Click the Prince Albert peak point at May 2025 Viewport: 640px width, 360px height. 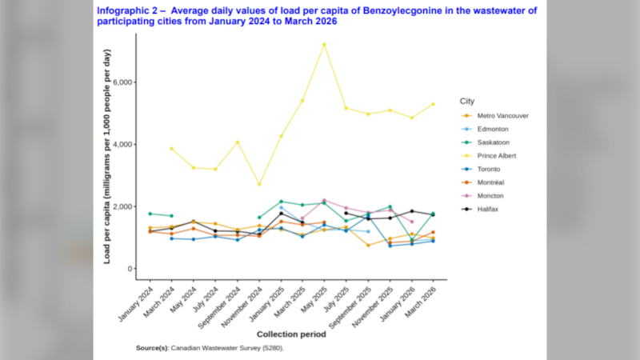coord(325,45)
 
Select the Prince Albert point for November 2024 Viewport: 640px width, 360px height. coord(259,184)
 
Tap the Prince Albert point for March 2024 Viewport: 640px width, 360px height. coord(172,149)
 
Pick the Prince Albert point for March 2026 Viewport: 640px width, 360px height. coord(433,104)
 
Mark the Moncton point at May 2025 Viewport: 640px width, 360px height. coord(325,201)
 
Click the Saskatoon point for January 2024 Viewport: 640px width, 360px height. coord(150,214)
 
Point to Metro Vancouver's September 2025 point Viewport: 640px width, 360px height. coord(368,246)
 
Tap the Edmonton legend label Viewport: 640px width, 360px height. coord(493,129)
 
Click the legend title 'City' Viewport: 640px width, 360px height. coord(467,102)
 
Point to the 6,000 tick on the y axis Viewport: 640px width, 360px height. coord(122,82)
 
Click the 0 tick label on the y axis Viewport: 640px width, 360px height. coord(130,269)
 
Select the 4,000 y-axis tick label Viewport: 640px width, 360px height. coord(122,145)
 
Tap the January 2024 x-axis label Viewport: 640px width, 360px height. coord(135,304)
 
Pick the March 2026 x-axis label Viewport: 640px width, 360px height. coord(421,302)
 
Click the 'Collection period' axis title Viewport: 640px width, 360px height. coord(291,334)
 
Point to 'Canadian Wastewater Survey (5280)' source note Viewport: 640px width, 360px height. coord(226,348)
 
